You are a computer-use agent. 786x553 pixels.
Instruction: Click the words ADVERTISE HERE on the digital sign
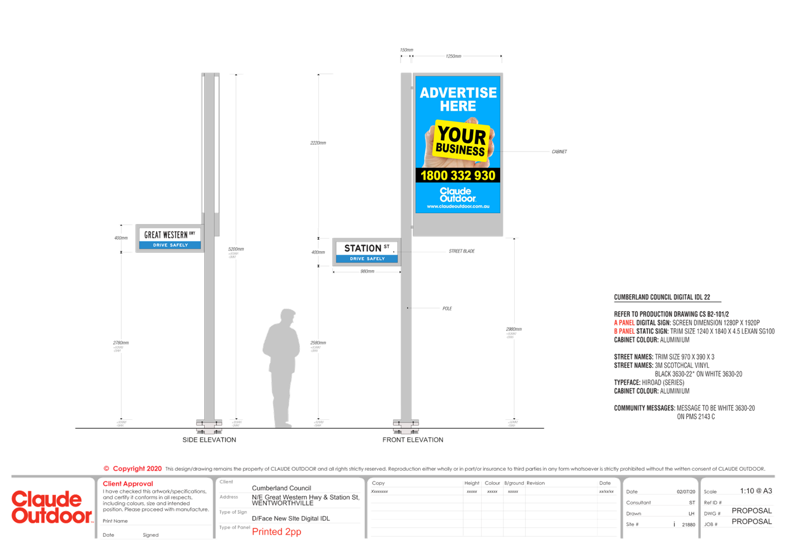tap(458, 100)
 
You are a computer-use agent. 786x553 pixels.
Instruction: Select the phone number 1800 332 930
tap(458, 176)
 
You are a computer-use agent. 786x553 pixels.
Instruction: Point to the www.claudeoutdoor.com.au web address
tap(458, 206)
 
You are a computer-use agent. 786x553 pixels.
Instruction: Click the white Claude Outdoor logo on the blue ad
tap(458, 194)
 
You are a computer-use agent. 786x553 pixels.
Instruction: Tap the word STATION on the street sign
tap(363, 248)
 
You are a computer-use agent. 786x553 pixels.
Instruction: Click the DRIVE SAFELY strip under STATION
tap(367, 259)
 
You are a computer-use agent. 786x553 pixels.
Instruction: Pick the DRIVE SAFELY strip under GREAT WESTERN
tap(171, 245)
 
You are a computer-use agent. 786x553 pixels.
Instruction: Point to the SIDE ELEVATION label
tap(209, 440)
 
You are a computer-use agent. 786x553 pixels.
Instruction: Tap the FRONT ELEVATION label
tap(413, 440)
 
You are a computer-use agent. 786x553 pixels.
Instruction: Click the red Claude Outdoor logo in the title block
tap(51, 507)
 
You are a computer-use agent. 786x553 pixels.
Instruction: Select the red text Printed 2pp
tap(276, 532)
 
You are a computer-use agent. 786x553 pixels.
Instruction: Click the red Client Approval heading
tap(128, 484)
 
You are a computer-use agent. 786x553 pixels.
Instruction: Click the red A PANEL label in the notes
tap(624, 323)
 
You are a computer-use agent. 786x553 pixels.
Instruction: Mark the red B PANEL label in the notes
tap(624, 332)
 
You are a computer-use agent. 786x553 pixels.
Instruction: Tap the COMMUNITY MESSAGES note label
tap(644, 408)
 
